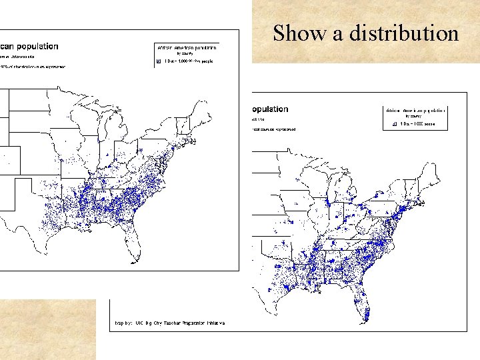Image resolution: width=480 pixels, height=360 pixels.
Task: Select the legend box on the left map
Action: coord(187,54)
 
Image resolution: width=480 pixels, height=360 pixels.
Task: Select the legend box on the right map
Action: coord(415,117)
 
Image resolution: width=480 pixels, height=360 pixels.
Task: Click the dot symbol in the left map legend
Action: coord(158,61)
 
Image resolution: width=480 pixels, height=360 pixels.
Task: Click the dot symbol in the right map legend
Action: coord(395,124)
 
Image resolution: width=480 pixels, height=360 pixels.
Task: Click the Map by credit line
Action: coord(170,323)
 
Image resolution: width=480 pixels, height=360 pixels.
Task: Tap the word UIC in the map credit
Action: coord(140,323)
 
